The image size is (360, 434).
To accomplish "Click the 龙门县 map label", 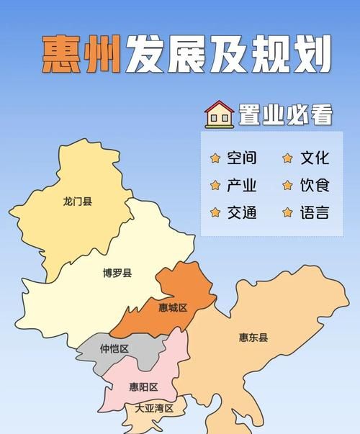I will [x=78, y=202].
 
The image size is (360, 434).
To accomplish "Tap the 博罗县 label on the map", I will [x=117, y=273].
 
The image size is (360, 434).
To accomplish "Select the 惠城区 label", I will [x=173, y=307].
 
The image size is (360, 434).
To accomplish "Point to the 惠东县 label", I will [x=253, y=337].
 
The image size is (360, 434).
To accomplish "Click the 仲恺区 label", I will [x=114, y=350].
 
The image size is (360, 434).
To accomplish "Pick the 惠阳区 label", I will [x=143, y=387].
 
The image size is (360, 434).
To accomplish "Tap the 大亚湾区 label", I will [x=155, y=408].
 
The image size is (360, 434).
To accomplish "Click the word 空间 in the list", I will [x=241, y=158].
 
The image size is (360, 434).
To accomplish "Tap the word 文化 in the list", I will [x=315, y=158].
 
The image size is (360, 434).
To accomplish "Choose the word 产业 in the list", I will [x=241, y=185].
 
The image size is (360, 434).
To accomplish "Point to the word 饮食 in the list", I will [x=315, y=185].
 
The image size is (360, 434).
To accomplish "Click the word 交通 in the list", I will [x=241, y=212].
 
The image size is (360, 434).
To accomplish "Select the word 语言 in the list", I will [x=315, y=212].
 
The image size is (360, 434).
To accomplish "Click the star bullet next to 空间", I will [x=215, y=158].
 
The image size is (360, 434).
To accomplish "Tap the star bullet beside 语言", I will [x=288, y=212].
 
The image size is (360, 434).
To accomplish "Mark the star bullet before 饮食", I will [x=288, y=185].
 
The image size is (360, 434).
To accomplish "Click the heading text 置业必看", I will [x=286, y=114].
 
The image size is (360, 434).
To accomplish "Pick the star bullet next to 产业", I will [x=215, y=185].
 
